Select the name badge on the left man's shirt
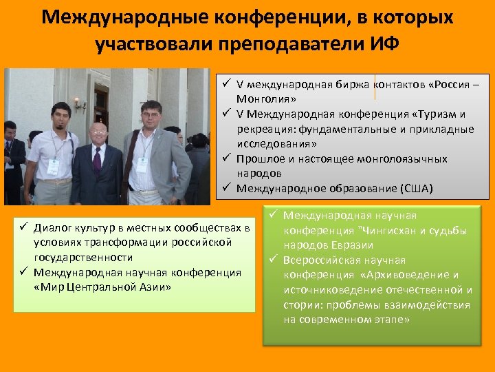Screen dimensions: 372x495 pos(53,167)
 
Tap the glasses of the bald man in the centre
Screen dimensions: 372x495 pos(99,132)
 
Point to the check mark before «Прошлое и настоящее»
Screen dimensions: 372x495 pos(225,158)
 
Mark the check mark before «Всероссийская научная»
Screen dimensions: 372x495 pos(273,260)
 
